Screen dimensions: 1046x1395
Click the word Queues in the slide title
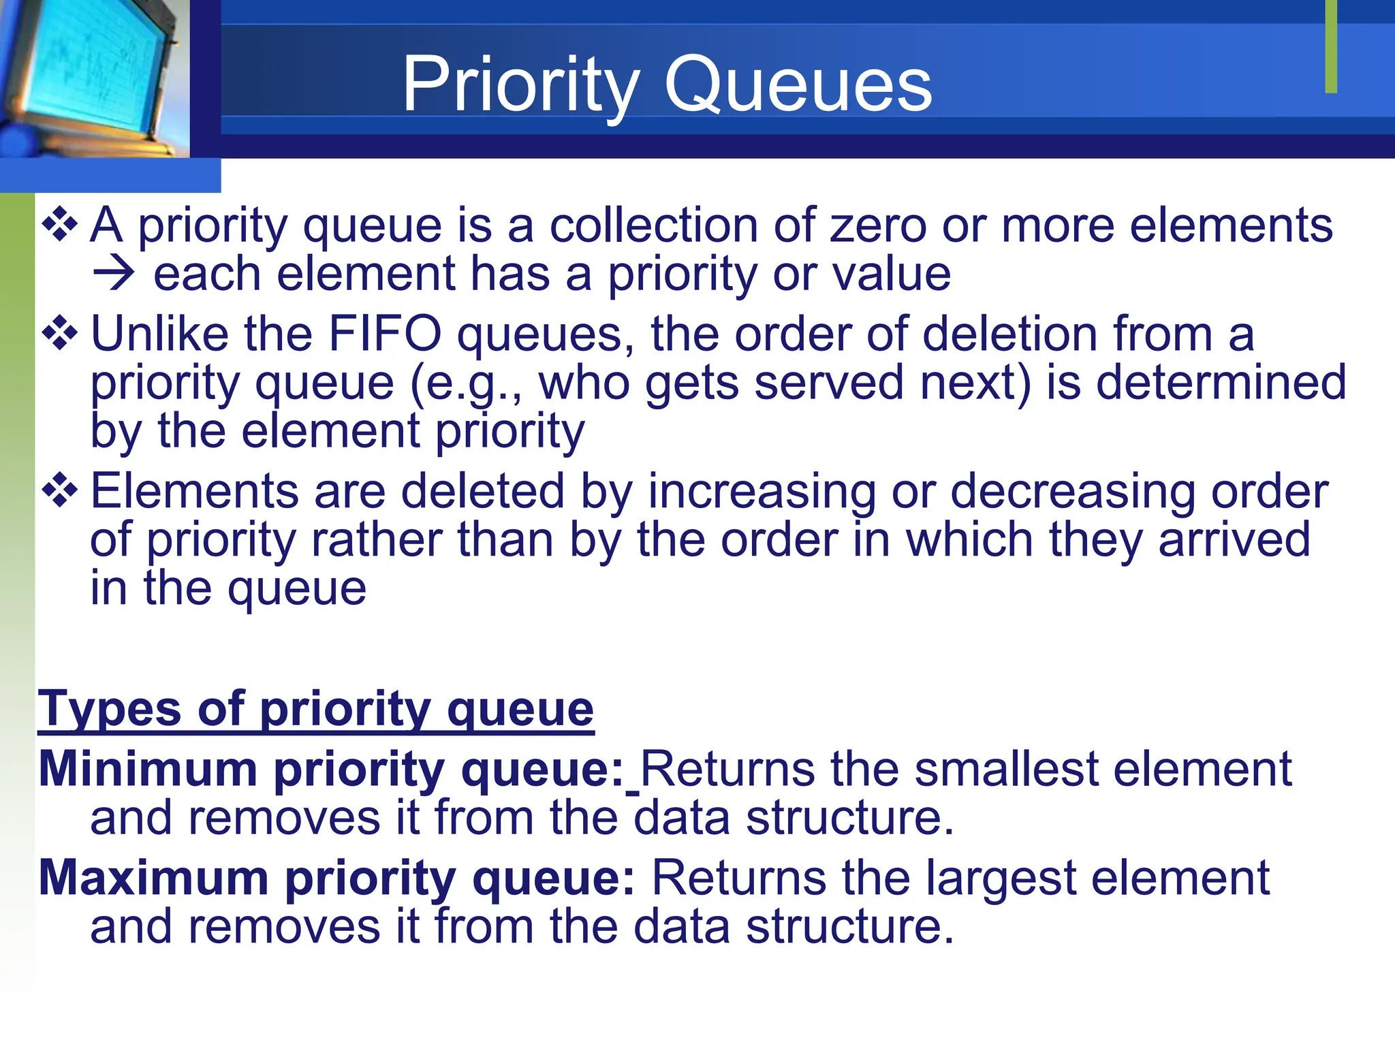pos(798,85)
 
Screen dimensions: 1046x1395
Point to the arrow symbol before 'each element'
pos(114,274)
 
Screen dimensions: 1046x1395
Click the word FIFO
pos(384,334)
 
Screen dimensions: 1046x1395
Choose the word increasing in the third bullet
pos(762,491)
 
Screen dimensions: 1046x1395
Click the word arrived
pos(1234,539)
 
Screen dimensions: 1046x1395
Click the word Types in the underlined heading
pos(109,709)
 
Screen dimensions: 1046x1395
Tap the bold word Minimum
pos(148,769)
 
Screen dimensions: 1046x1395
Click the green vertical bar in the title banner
pos(1331,46)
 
